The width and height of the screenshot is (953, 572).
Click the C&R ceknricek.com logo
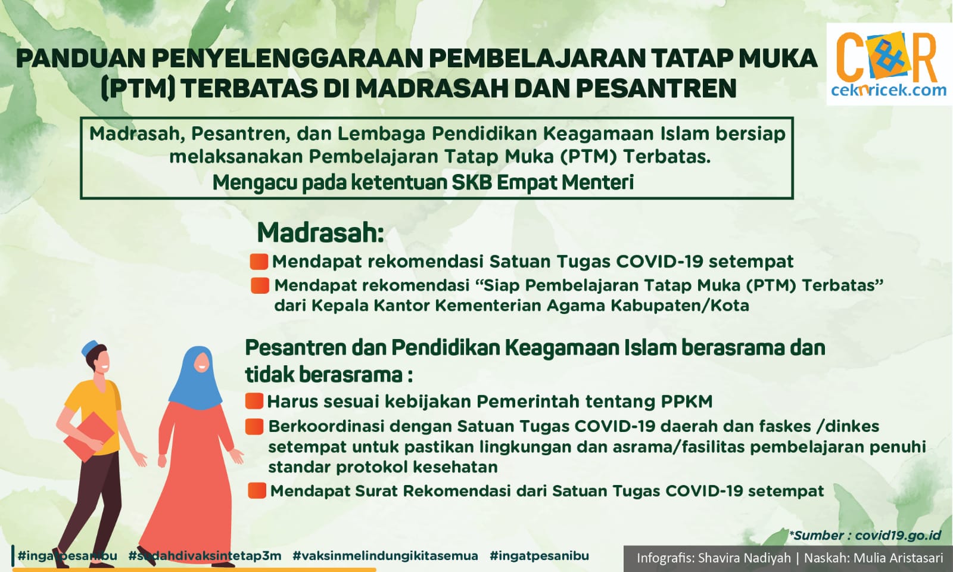[x=889, y=64]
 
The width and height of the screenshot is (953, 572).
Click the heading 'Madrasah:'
[x=320, y=232]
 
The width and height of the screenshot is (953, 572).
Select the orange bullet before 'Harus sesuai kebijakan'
[x=254, y=401]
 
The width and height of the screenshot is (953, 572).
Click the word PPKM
[x=687, y=402]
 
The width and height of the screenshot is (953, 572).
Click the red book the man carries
[x=89, y=436]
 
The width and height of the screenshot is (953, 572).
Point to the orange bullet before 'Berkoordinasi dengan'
[x=254, y=427]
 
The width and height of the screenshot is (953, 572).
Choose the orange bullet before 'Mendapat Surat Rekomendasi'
[x=257, y=491]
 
